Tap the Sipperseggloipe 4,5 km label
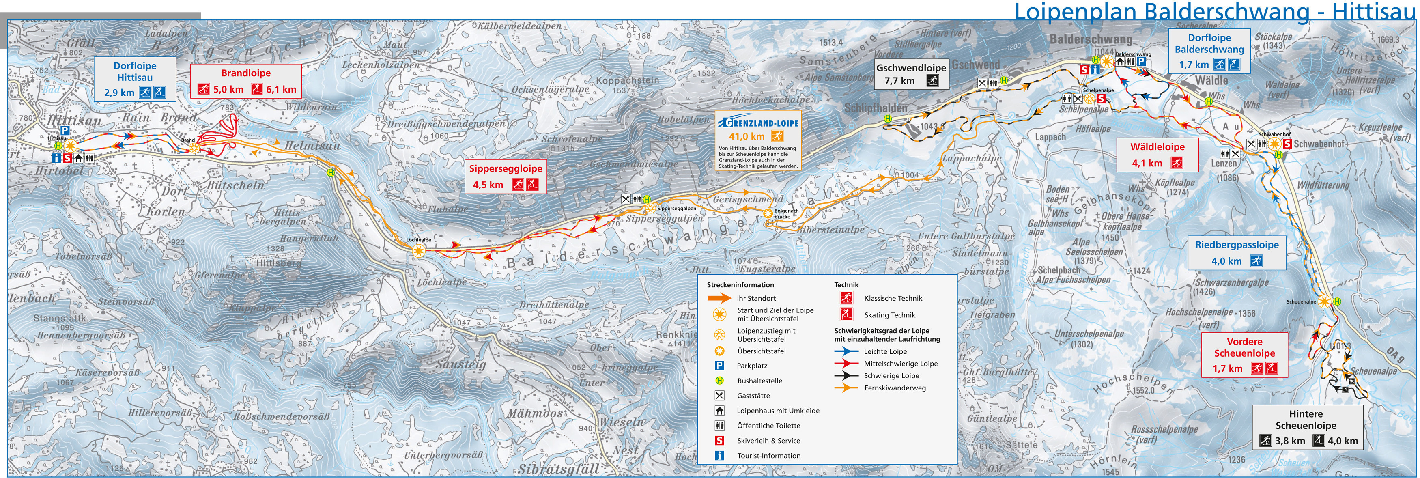506,177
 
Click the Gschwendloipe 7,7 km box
911,74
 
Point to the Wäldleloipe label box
1157,154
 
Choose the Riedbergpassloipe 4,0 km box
1237,252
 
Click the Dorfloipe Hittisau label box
135,79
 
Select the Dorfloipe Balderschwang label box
1209,51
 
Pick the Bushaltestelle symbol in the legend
719,381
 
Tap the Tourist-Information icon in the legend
719,455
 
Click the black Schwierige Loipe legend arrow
846,375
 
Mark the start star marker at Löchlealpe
419,251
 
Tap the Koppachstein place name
627,80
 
